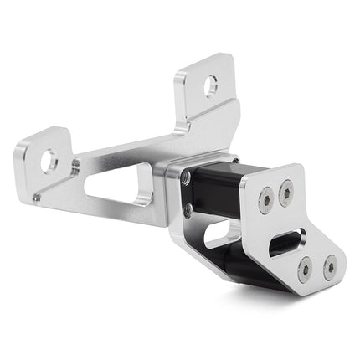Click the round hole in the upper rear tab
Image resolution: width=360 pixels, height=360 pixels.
pos(211,85)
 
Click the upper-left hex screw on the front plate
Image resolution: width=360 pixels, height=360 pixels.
pos(266,203)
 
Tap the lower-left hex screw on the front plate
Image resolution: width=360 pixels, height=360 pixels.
pos(306,269)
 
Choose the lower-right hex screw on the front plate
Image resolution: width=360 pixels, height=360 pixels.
pos(329,267)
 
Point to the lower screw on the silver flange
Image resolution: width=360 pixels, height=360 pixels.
pos(187,208)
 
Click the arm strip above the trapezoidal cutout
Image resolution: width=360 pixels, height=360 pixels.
pos(126,155)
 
